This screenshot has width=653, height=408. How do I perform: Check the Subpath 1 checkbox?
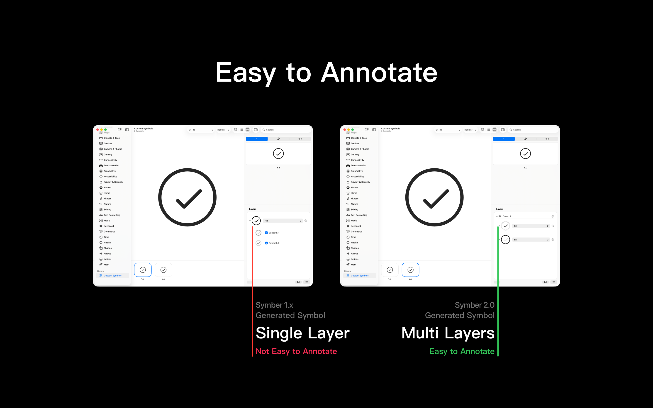[x=266, y=233]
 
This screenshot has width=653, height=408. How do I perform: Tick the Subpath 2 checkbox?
[x=266, y=243]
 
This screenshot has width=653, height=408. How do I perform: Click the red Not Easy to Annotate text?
[x=296, y=351]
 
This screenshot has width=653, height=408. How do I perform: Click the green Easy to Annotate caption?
[x=462, y=351]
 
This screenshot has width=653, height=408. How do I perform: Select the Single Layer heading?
[x=302, y=333]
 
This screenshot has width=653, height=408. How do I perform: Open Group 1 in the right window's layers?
[x=507, y=216]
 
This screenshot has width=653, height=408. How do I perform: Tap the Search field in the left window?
[x=286, y=130]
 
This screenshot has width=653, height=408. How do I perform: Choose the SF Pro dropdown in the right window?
[x=447, y=130]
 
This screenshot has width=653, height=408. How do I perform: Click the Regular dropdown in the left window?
[x=223, y=130]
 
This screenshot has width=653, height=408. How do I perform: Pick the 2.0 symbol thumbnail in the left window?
[x=163, y=270]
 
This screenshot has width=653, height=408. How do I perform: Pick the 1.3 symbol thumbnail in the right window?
[x=390, y=270]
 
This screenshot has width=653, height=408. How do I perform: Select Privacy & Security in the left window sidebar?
[x=113, y=182]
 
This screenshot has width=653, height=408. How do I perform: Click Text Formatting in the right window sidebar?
[x=359, y=215]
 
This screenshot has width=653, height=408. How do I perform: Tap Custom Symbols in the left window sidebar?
[x=112, y=275]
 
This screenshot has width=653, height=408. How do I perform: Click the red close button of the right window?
[x=345, y=130]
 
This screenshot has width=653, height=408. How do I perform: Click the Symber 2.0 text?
[x=474, y=305]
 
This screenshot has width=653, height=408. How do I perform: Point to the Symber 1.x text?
[x=274, y=305]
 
